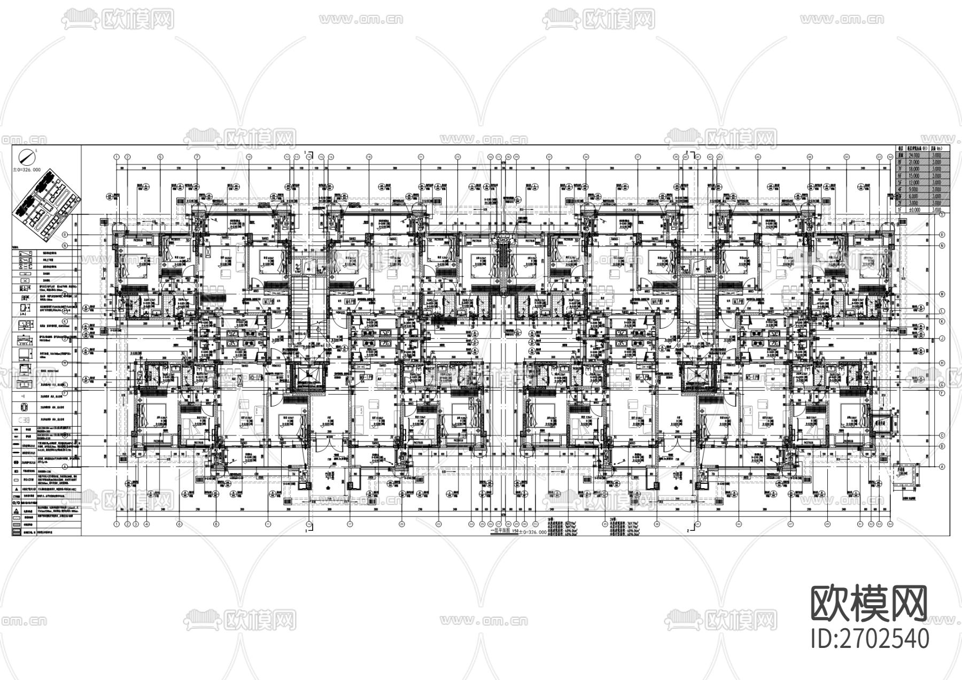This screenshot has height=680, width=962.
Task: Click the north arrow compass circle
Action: (26, 157)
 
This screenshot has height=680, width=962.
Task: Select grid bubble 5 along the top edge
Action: (160, 157)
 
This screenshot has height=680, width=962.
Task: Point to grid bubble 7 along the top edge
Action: (197, 157)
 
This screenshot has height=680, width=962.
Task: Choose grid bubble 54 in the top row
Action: (890, 157)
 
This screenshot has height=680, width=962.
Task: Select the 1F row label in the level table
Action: (901, 210)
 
